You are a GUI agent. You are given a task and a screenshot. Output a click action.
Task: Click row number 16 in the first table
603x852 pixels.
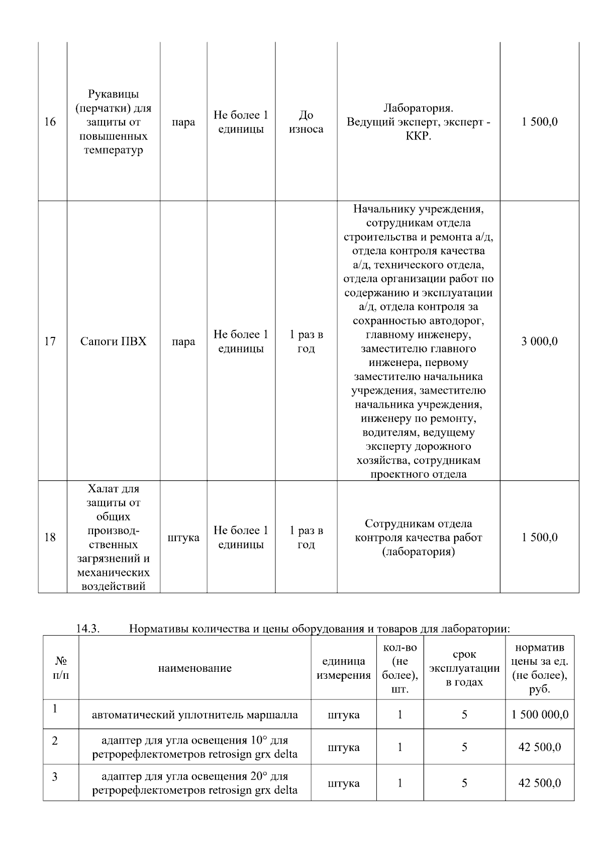[x=50, y=122]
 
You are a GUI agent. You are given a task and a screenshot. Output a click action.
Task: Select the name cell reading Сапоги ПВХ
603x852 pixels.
[x=114, y=341]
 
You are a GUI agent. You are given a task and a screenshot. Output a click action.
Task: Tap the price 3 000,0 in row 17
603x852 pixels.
[x=539, y=341]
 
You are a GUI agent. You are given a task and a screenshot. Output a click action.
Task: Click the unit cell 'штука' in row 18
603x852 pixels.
[x=183, y=538]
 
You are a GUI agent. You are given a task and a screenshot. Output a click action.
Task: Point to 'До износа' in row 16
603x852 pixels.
[x=306, y=122]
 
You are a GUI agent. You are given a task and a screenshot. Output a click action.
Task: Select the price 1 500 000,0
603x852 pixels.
[x=540, y=714]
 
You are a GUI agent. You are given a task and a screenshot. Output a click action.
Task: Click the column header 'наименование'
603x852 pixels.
[x=195, y=668]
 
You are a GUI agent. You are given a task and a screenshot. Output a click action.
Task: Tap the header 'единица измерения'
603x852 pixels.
[x=344, y=668]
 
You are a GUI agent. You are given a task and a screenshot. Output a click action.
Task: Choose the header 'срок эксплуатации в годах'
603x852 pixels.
[x=464, y=668]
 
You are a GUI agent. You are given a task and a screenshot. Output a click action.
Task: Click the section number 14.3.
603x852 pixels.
[x=88, y=629]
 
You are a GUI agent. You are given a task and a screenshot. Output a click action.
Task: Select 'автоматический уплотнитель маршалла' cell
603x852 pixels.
[x=195, y=714]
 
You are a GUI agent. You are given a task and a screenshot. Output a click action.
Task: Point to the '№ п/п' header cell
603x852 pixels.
[x=61, y=668]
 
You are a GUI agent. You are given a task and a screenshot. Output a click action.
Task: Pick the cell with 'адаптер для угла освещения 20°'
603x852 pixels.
[x=195, y=783]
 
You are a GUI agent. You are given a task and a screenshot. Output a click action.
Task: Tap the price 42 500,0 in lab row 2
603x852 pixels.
[x=540, y=747]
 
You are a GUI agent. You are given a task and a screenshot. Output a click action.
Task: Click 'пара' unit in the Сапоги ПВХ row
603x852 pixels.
[x=183, y=341]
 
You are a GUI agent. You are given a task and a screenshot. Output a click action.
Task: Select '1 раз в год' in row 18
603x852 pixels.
[x=306, y=538]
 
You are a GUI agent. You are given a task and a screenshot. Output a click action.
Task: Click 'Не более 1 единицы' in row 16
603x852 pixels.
[x=241, y=122]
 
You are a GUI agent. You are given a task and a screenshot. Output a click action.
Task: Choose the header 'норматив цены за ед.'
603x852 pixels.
[x=540, y=668]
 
